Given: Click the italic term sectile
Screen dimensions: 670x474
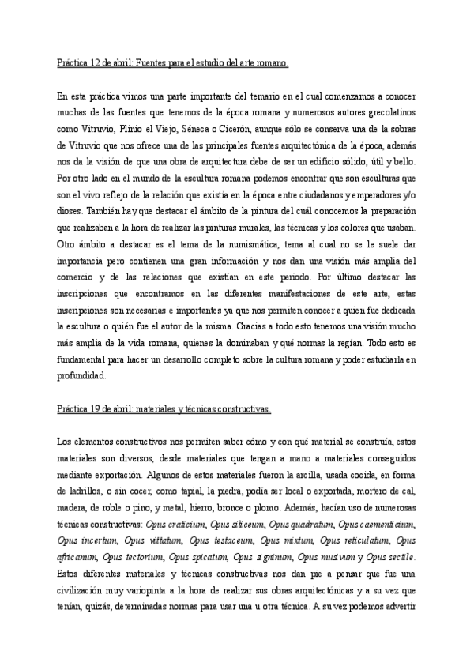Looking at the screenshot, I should coord(400,558).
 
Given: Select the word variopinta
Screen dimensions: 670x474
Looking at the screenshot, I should coord(144,591).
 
